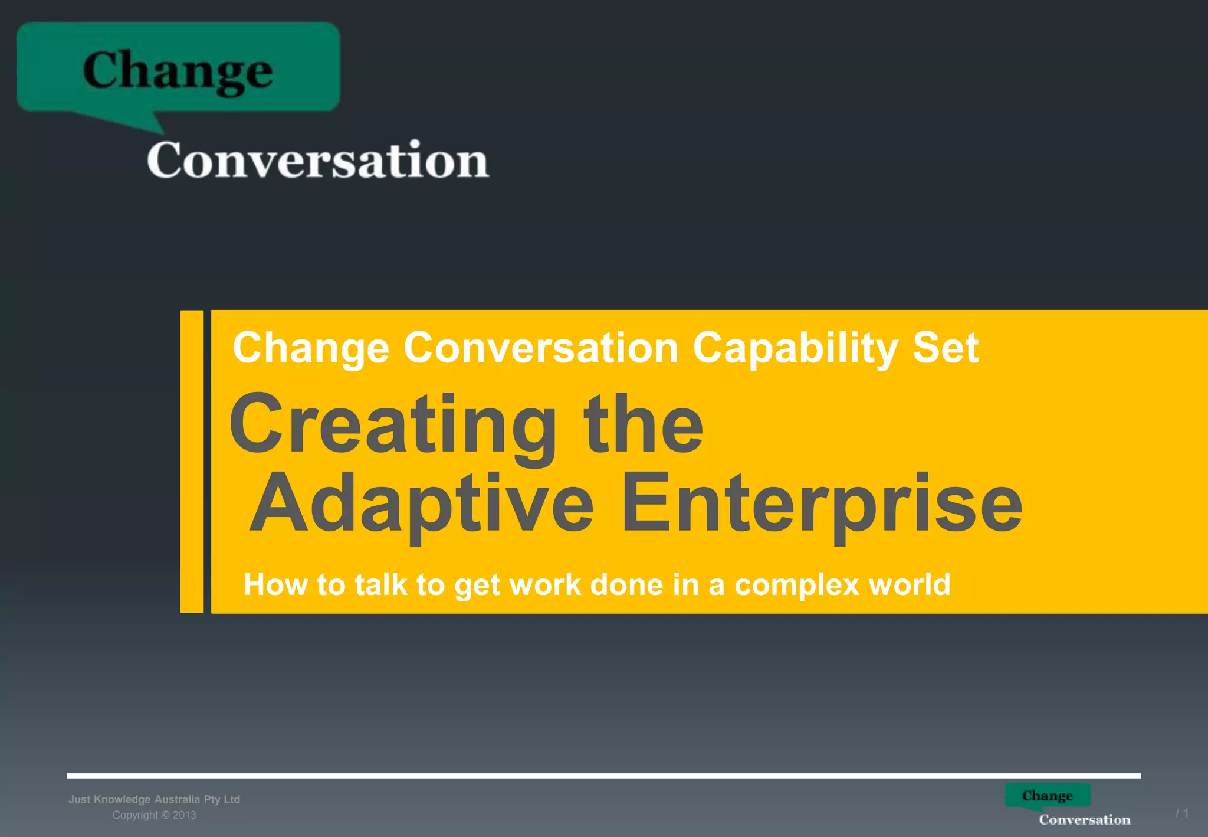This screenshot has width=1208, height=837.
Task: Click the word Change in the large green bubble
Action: pos(178,71)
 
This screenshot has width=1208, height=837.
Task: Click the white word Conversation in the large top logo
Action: pos(318,161)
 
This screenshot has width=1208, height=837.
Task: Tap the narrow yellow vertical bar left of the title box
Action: pos(192,462)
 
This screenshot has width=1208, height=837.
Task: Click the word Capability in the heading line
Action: pos(795,348)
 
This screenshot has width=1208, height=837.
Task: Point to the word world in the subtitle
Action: pos(910,584)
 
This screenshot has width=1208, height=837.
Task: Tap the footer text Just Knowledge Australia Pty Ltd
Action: pos(154,799)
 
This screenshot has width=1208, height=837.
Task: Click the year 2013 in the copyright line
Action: pos(184,815)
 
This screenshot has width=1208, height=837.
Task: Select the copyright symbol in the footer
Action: pos(166,815)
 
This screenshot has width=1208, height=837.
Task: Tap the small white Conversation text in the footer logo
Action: pos(1084,819)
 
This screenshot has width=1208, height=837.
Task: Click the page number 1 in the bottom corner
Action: pos(1185,813)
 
